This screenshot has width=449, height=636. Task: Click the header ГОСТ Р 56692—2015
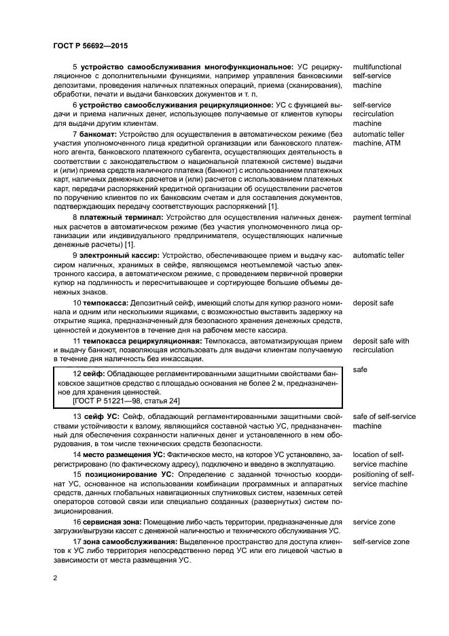pyautogui.click(x=90, y=46)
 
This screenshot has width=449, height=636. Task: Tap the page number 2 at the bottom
pyautogui.click(x=55, y=578)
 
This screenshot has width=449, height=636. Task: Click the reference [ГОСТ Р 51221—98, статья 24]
pyautogui.click(x=126, y=401)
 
